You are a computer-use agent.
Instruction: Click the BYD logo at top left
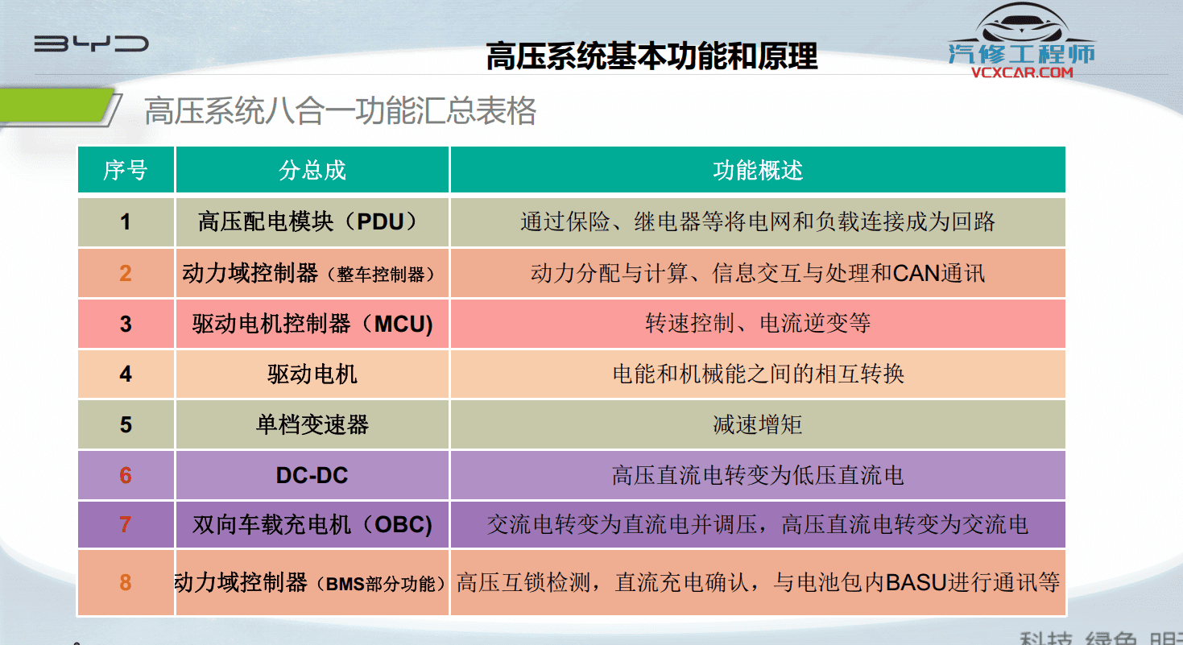pos(91,43)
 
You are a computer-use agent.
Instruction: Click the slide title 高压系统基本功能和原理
pos(651,56)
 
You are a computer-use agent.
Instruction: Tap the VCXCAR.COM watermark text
pos(1022,72)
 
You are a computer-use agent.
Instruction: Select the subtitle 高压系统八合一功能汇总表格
pos(340,111)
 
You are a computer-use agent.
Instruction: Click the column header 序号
pos(126,170)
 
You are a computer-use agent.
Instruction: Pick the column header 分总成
pos(312,170)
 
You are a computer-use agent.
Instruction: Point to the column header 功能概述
pos(758,170)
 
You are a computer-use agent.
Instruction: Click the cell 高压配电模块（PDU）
pos(312,221)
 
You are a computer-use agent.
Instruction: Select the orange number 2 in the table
pos(126,273)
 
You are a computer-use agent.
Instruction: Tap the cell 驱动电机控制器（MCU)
pos(312,324)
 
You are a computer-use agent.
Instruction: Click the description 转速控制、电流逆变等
pos(758,324)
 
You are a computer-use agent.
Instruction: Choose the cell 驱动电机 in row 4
pos(312,374)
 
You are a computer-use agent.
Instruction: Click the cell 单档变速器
pos(312,424)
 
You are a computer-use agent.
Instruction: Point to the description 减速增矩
pos(758,424)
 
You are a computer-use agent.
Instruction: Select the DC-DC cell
pos(312,475)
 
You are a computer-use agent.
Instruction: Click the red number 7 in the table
pos(126,525)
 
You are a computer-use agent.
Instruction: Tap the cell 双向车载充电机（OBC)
pos(312,525)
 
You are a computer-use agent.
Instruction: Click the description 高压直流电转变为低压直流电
pos(758,475)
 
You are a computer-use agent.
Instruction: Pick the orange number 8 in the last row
pos(126,582)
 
